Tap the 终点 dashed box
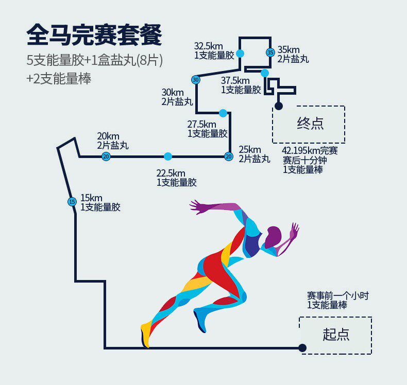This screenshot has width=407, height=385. pyautogui.click(x=308, y=125)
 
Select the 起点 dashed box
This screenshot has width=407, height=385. pyautogui.click(x=335, y=335)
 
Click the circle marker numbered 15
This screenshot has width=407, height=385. pyautogui.click(x=72, y=202)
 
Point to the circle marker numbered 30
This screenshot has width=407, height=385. pyautogui.click(x=195, y=80)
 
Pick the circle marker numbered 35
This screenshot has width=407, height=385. pyautogui.click(x=270, y=52)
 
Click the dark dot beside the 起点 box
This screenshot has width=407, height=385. pyautogui.click(x=302, y=348)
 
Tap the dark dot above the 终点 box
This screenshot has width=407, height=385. pyautogui.click(x=279, y=106)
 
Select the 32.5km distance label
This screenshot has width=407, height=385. pyautogui.click(x=208, y=45)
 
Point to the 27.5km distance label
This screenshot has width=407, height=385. pyautogui.click(x=201, y=125)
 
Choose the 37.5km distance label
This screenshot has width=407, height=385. pyautogui.click(x=235, y=80)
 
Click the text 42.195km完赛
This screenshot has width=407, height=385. pyautogui.click(x=310, y=151)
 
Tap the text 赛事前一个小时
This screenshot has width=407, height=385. pyautogui.click(x=337, y=296)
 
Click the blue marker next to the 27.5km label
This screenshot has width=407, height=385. pyautogui.click(x=223, y=113)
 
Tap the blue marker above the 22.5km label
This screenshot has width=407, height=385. pyautogui.click(x=167, y=156)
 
